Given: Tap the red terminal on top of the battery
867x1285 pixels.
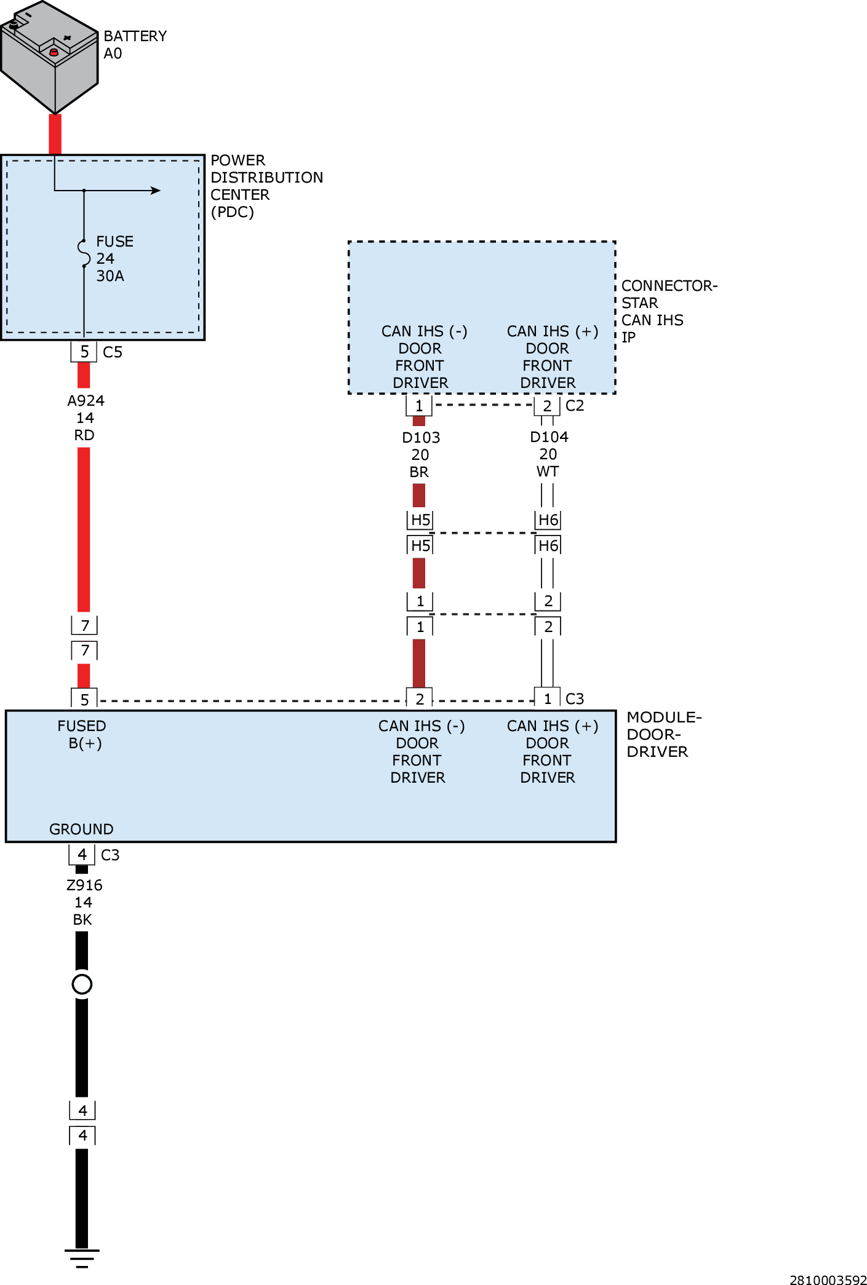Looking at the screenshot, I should tap(54, 52).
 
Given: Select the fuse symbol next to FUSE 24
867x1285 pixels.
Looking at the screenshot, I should tap(84, 253).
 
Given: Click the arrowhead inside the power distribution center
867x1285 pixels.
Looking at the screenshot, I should tap(156, 191).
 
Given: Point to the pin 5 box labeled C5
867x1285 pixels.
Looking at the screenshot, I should tap(84, 352).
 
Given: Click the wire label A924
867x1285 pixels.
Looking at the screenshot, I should tap(86, 401).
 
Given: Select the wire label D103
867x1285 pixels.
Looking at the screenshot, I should tap(421, 438).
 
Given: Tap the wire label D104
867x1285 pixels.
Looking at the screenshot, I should tap(549, 437).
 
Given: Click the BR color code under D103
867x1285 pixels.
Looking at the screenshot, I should tap(419, 472).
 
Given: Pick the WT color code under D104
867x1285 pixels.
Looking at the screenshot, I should tap(548, 472).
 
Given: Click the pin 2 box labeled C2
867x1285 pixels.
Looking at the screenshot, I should tap(547, 406).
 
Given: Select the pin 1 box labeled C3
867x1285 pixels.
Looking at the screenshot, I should tap(547, 698).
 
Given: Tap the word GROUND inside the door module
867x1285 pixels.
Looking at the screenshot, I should tap(81, 829).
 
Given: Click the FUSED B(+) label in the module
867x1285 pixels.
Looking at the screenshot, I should tap(82, 735).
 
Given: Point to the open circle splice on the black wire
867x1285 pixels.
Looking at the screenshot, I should tap(82, 984).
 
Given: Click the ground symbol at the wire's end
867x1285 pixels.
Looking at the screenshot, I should tap(82, 1257).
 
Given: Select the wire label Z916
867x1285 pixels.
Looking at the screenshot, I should tap(84, 885).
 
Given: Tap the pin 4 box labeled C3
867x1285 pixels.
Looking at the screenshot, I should tap(82, 855).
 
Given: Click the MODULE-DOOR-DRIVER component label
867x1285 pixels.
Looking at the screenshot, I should tap(663, 735).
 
